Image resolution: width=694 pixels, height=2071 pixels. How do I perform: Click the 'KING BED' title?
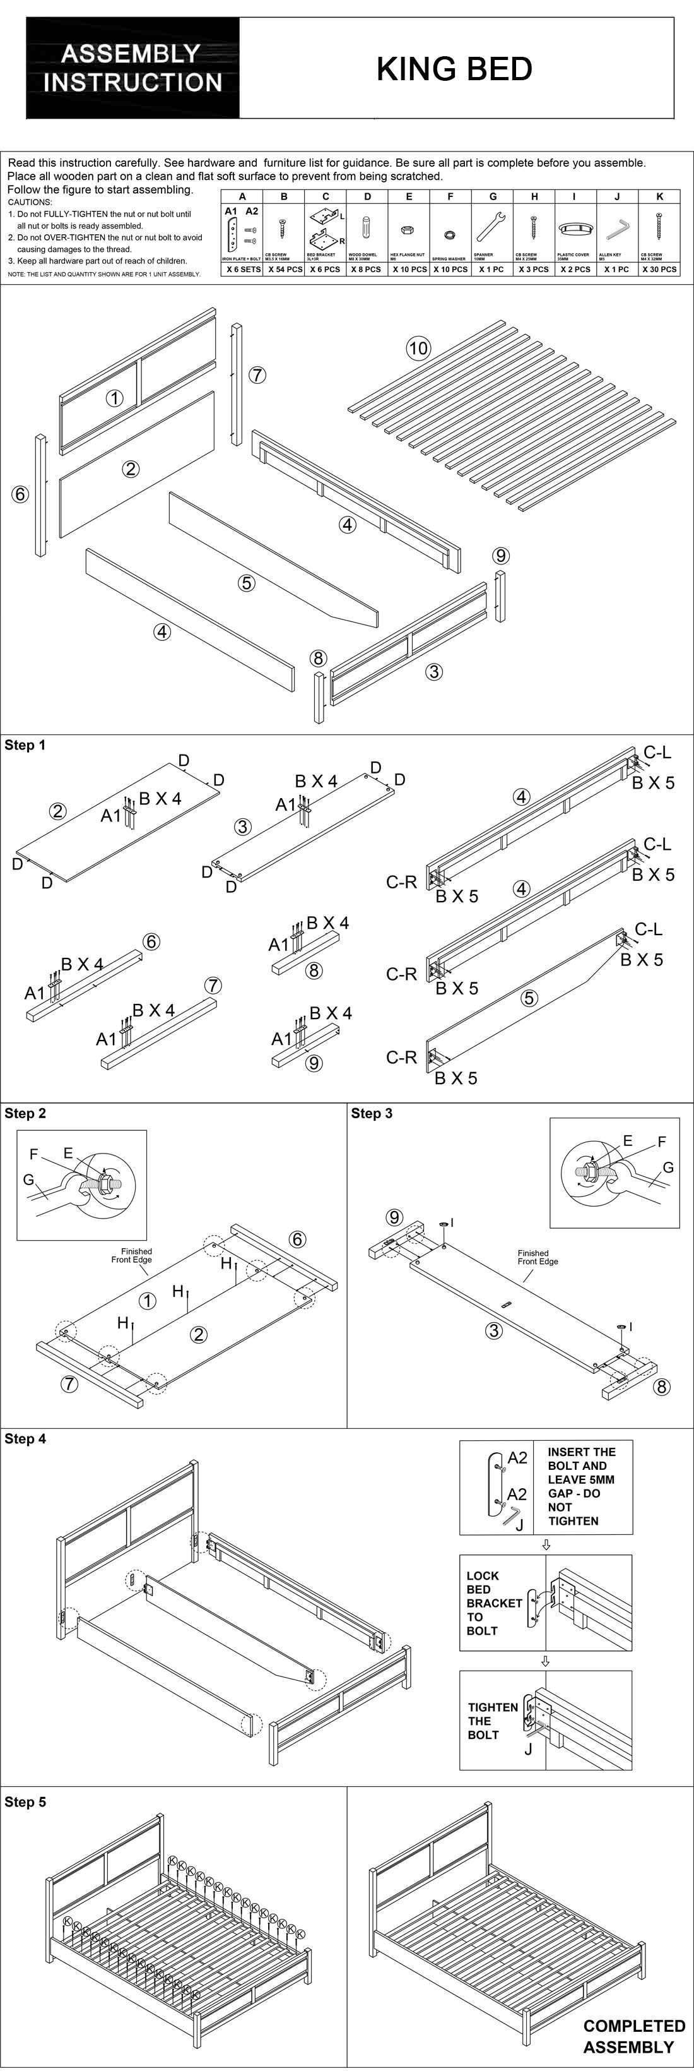point(455,69)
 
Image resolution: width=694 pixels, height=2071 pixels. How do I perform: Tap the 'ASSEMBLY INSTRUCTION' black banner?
point(132,68)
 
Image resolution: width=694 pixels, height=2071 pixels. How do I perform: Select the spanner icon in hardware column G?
point(491,227)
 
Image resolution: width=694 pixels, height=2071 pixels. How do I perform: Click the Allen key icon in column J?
point(617,230)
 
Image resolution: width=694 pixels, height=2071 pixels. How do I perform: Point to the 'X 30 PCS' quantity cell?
point(659,270)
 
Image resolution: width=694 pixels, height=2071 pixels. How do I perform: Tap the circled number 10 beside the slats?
point(418,348)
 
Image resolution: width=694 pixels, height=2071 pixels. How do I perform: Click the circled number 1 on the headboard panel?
point(115,398)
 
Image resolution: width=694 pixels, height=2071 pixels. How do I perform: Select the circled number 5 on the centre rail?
point(247,583)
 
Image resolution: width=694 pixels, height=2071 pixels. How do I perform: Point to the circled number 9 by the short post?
point(500,555)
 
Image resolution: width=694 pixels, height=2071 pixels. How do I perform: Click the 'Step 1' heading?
point(25,745)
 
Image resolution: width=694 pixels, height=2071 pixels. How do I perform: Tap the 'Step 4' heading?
point(25,1438)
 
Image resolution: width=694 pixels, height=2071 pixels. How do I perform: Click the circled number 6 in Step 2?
point(297,1239)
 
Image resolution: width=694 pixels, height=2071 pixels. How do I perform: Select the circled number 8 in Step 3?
point(661,1386)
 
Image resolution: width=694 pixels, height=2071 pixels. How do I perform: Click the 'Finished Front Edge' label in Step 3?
point(538,1257)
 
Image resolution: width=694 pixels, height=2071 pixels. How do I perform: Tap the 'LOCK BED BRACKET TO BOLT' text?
point(494,1603)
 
